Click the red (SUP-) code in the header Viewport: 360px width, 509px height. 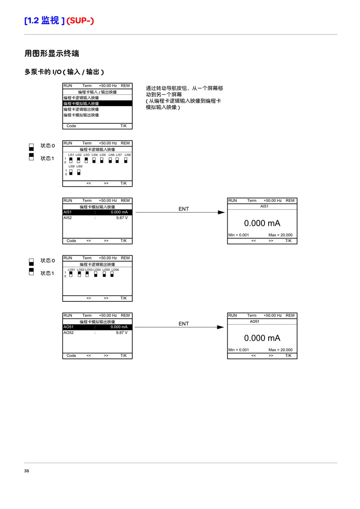tap(80, 21)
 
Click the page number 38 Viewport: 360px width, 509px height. tap(27, 471)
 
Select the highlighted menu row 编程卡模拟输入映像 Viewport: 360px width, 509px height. tap(98, 103)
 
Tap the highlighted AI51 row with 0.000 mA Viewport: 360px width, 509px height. tap(98, 212)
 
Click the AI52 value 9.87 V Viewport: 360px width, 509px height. tap(122, 218)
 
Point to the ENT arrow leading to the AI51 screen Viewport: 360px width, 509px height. tap(180, 212)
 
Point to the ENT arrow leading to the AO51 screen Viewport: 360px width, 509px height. tap(180, 327)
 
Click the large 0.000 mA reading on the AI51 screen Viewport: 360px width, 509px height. tap(262, 223)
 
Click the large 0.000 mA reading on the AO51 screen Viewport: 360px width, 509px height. tap(262, 338)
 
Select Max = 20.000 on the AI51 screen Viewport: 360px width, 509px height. tap(280, 235)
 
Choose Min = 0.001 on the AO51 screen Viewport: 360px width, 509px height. tap(238, 350)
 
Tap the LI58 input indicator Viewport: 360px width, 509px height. tap(126, 160)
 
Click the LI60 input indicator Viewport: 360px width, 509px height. tap(79, 172)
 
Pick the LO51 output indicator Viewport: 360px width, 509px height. tap(71, 274)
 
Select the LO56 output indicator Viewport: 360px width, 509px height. tap(112, 274)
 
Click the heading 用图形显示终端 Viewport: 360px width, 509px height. tap(52, 53)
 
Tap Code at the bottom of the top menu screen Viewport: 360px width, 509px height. tap(71, 126)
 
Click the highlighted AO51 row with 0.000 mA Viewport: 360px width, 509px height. tap(98, 327)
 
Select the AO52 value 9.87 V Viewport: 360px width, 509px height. tap(122, 333)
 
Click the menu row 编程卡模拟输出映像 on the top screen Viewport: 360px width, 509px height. tap(81, 115)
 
